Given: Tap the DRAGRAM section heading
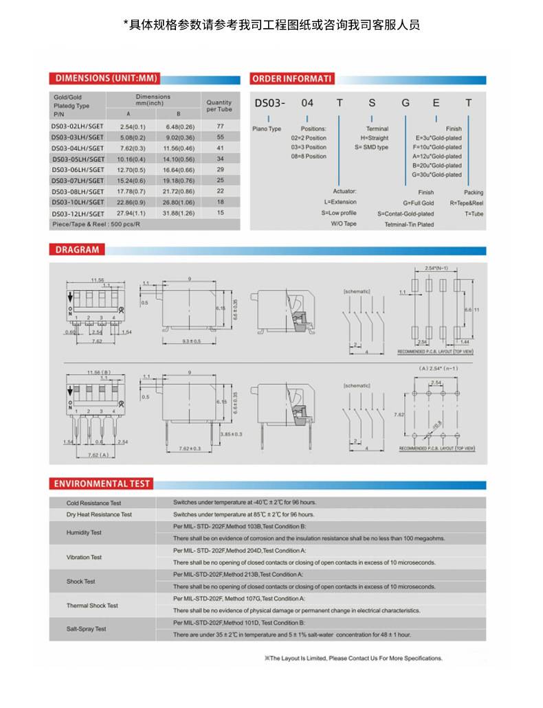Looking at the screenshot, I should click(77, 250).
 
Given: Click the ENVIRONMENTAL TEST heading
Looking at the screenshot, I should click(102, 483).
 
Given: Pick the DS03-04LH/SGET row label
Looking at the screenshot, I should click(78, 148).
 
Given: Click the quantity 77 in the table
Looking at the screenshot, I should click(220, 127).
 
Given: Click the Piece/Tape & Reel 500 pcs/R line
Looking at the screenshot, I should click(96, 224).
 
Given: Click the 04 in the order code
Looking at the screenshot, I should click(307, 103).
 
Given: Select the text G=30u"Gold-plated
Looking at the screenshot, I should click(436, 174).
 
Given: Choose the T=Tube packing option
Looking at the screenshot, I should click(474, 214).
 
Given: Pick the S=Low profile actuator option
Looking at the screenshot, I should click(339, 213).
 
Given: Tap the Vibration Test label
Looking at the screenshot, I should click(84, 557).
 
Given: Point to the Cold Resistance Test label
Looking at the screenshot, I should click(93, 503).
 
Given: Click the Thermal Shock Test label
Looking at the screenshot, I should click(92, 606).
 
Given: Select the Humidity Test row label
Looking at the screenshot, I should click(84, 532).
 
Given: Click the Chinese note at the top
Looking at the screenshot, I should click(271, 25).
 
